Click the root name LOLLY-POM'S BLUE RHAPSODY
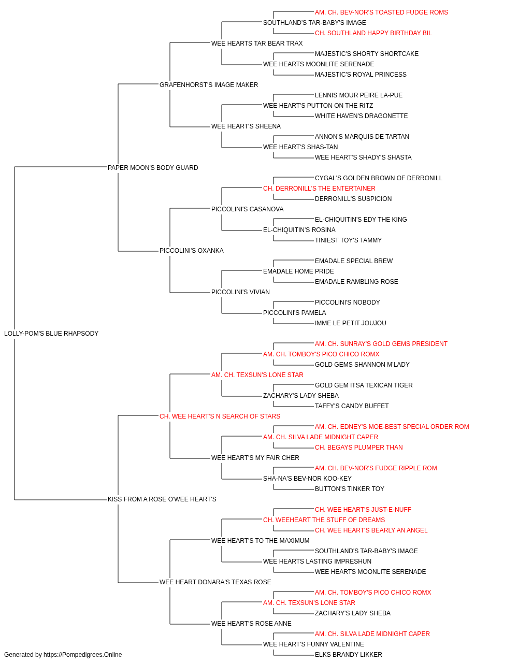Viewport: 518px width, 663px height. point(51,334)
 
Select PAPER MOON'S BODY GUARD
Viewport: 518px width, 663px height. point(153,167)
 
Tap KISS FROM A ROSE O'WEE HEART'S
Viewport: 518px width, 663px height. point(162,499)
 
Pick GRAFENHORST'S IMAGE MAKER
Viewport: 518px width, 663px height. point(209,85)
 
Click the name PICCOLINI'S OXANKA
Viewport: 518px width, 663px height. point(192,251)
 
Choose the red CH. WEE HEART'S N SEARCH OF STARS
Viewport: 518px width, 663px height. point(220,416)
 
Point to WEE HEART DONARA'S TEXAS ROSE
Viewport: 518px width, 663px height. point(215,582)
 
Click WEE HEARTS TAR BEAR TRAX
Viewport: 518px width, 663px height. point(257,44)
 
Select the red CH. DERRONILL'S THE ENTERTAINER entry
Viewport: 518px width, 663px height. point(319,188)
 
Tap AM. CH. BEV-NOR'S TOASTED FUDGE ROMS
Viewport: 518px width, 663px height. point(381,12)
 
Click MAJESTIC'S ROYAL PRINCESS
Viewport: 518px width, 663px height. point(361,75)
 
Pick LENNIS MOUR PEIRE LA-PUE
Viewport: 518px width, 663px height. point(359,95)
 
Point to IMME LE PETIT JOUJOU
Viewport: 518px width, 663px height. point(351,323)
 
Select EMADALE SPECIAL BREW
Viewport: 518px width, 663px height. point(354,261)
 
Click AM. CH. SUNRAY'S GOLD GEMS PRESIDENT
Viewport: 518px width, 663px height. point(381,344)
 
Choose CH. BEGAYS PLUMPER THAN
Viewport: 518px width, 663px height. point(359,448)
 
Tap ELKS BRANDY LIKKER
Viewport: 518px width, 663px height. point(349,655)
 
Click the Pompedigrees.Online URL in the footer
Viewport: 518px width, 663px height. point(83,655)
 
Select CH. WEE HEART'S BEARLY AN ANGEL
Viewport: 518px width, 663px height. point(371,530)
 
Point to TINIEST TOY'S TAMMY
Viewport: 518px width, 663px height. point(349,240)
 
